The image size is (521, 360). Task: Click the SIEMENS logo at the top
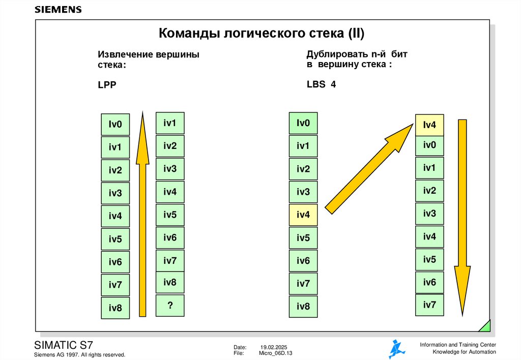tap(57, 10)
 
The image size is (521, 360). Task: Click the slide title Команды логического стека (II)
tap(262, 34)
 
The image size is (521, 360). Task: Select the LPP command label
tap(107, 85)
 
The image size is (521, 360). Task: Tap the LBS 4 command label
tap(321, 84)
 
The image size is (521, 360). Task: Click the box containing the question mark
tap(170, 305)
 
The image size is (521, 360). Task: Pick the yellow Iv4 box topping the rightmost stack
tap(429, 125)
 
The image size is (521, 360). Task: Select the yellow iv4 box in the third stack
tap(303, 215)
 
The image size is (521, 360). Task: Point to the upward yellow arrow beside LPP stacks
tap(143, 214)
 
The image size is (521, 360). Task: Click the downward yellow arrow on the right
tap(462, 219)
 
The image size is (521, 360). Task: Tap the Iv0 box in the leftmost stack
tap(115, 124)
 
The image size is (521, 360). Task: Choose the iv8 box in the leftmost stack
tap(115, 308)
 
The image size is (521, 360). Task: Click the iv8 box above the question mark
tap(170, 282)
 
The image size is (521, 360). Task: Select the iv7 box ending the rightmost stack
tap(429, 305)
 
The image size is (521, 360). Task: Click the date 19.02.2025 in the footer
tap(274, 346)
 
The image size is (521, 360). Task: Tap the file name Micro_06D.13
tap(276, 353)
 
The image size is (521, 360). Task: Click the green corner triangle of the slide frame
tap(485, 326)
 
